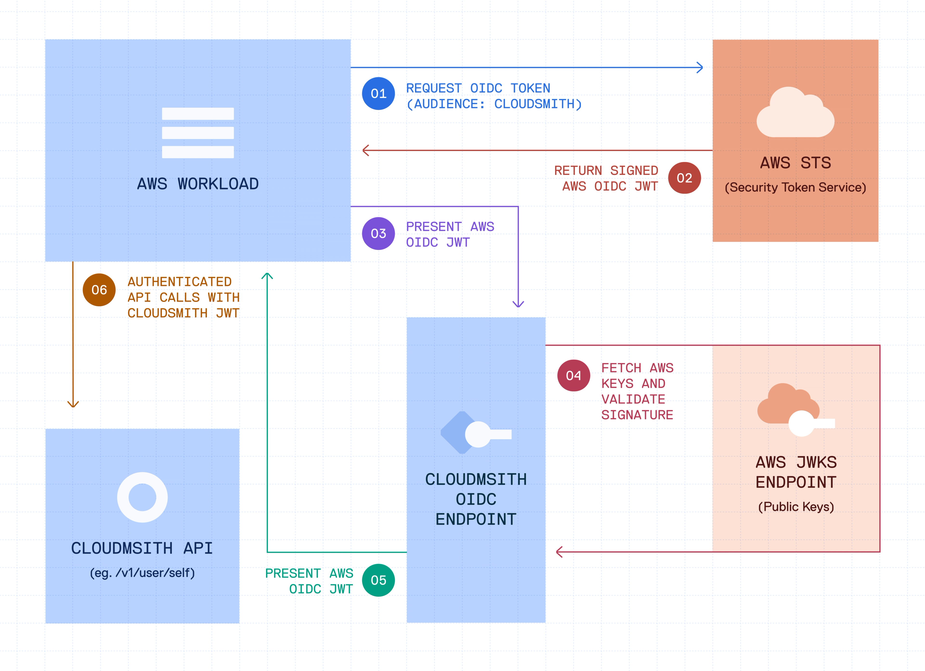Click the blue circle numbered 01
tap(378, 94)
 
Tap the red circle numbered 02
tap(684, 178)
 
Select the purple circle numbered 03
tap(378, 233)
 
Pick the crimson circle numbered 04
tap(574, 375)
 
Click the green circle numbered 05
tap(378, 580)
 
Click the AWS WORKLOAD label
tap(198, 184)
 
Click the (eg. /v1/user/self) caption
tap(142, 573)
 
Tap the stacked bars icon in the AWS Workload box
tap(198, 133)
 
